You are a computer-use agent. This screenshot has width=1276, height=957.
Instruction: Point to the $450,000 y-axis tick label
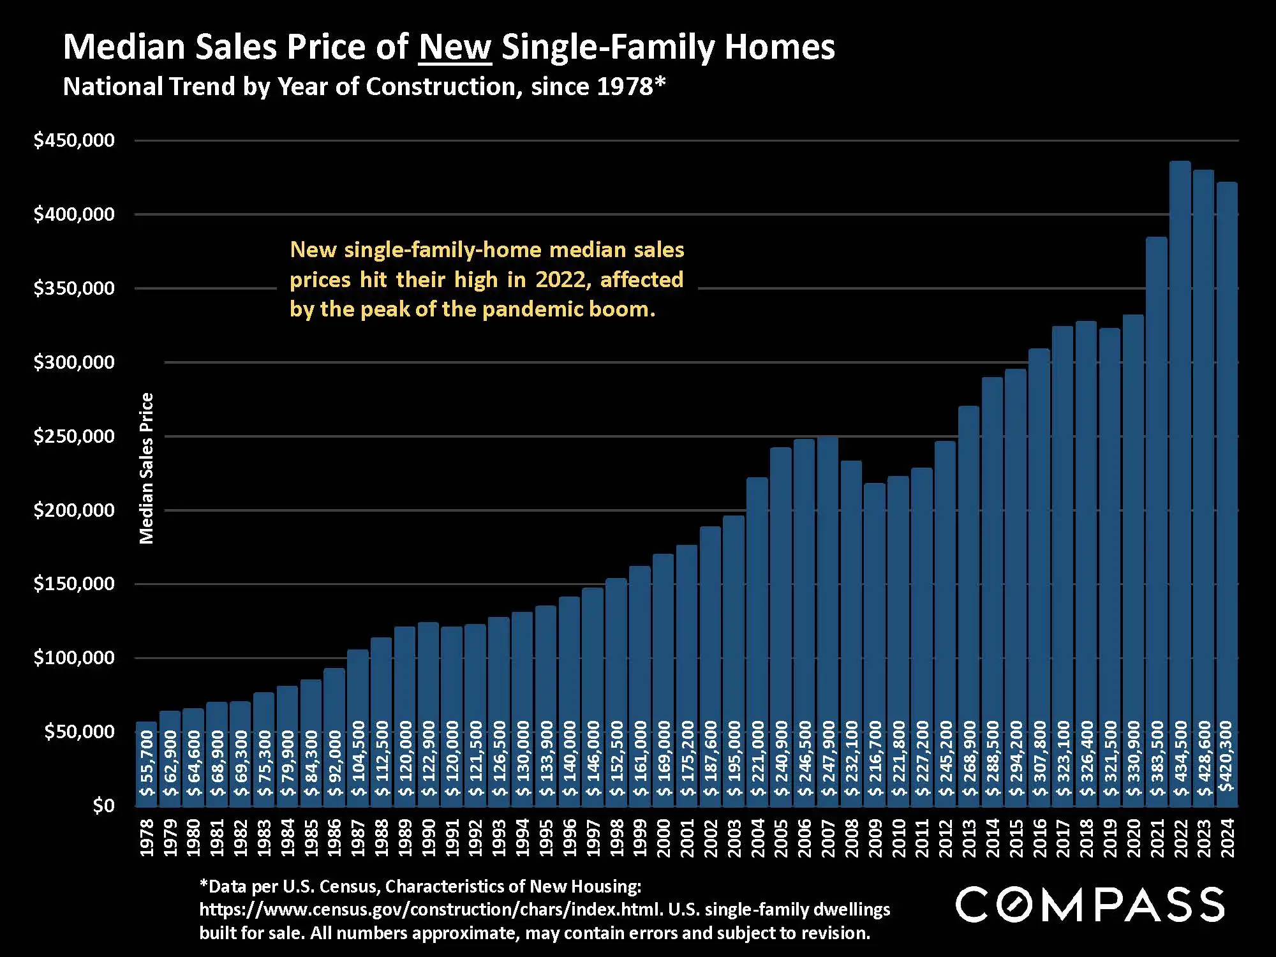(74, 140)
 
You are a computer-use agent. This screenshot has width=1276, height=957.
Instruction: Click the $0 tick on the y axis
(103, 806)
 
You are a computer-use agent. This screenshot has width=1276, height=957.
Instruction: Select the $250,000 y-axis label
(74, 436)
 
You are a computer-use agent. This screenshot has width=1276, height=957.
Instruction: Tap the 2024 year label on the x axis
(1227, 838)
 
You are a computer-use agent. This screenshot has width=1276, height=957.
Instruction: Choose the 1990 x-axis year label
(429, 838)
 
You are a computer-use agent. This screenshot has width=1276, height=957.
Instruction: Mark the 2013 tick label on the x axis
(968, 838)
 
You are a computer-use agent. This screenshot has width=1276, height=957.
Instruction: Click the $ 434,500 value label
(1181, 758)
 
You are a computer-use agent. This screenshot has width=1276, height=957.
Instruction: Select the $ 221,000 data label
(757, 758)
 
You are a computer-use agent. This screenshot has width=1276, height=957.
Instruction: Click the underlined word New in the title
(455, 47)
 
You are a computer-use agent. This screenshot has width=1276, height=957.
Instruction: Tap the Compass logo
(1089, 904)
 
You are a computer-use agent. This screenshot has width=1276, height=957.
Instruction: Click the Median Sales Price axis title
(147, 468)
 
